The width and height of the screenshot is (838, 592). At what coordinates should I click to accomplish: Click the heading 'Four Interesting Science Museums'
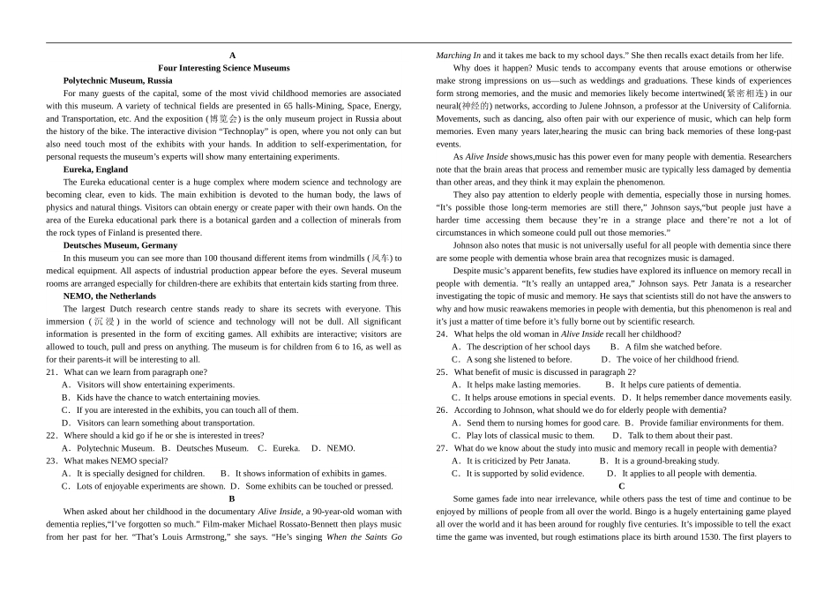click(223, 68)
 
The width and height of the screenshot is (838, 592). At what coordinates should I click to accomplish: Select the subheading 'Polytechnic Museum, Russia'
click(117, 80)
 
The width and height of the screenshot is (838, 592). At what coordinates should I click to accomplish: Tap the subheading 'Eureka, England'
click(95, 169)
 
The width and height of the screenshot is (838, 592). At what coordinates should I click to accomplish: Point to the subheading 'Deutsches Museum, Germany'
click(120, 245)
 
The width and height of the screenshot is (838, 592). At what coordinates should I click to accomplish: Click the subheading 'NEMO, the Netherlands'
click(109, 296)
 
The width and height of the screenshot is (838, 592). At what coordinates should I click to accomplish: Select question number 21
click(52, 372)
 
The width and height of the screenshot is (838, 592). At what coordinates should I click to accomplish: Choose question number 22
click(52, 436)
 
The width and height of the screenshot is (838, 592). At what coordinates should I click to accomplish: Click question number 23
click(52, 461)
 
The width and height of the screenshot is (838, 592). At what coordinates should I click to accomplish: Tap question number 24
click(442, 334)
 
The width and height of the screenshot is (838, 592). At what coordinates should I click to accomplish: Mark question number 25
click(442, 372)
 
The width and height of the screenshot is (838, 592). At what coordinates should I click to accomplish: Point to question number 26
click(442, 410)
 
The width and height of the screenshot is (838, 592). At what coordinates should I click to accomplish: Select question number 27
click(442, 448)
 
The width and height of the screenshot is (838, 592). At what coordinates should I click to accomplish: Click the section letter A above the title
click(232, 56)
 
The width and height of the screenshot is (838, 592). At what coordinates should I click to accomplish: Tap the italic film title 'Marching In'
click(459, 56)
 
